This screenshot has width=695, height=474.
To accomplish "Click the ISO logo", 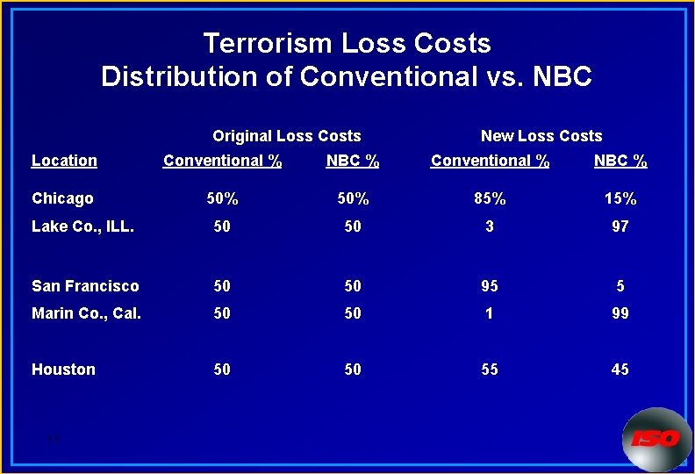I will [x=656, y=438].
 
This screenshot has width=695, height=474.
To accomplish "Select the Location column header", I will [x=64, y=161].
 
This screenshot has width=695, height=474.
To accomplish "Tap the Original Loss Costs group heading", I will [x=286, y=136].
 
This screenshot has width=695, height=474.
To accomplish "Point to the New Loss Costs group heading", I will [x=541, y=136].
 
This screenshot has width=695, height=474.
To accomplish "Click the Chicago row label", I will [x=62, y=198].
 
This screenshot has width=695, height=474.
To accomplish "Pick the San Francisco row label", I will [x=85, y=286].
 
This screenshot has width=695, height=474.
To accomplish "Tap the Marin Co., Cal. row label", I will [x=86, y=313].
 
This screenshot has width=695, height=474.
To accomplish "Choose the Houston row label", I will [x=63, y=370].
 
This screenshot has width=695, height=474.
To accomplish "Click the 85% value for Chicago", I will [x=490, y=199].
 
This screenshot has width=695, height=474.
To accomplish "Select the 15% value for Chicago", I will [x=620, y=199].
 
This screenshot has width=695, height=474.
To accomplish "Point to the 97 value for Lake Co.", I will [x=620, y=226].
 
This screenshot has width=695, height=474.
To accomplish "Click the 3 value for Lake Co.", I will [x=490, y=226].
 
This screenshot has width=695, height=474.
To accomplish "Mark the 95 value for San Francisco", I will [x=490, y=286].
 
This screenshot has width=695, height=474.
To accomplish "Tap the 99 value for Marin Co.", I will [x=620, y=313].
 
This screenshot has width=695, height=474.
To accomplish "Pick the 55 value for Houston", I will [x=490, y=370].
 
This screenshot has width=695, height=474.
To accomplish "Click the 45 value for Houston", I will [x=620, y=370].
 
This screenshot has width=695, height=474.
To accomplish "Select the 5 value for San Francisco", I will [x=620, y=286].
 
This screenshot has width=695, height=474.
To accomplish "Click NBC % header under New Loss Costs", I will [x=620, y=161].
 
